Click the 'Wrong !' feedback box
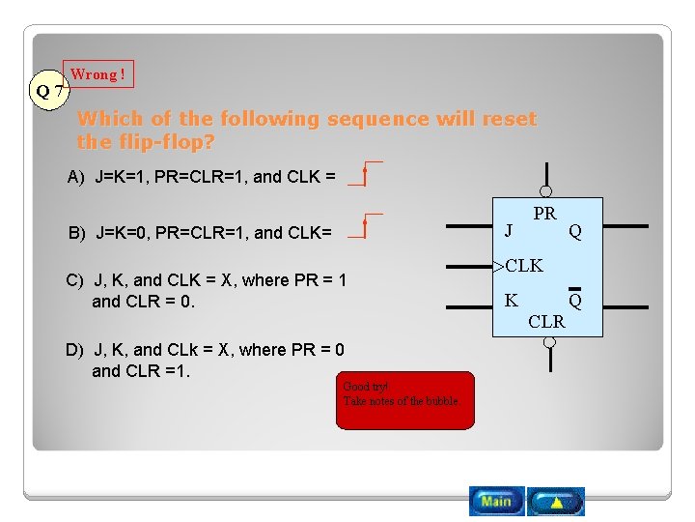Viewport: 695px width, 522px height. point(97,74)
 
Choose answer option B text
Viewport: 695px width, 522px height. point(199,232)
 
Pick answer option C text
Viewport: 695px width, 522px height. point(205,290)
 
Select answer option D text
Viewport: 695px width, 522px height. point(204,360)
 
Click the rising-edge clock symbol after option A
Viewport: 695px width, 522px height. point(365,174)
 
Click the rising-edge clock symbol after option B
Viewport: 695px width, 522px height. point(365,226)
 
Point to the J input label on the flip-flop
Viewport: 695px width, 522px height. point(509,230)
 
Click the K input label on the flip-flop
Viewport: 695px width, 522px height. point(511,301)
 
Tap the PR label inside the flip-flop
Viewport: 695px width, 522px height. point(544,214)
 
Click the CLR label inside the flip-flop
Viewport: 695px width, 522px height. point(546,322)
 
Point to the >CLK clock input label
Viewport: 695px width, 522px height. point(518,265)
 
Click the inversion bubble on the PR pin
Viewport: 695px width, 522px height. point(546,191)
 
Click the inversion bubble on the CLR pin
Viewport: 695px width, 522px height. point(546,343)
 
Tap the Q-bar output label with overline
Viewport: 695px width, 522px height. point(575,299)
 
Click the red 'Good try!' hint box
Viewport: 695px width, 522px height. point(405,400)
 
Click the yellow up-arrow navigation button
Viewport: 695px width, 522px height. point(556,502)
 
